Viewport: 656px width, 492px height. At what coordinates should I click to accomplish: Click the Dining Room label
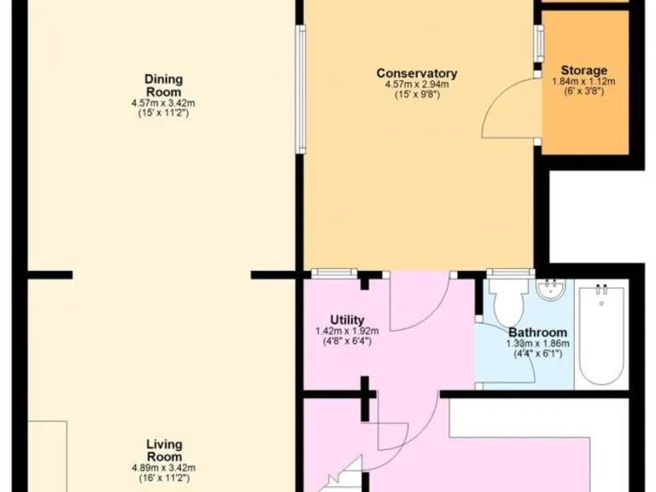pos(163,85)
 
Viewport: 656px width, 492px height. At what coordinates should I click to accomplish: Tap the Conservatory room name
pos(417,73)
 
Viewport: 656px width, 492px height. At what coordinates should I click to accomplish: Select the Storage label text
pos(584,70)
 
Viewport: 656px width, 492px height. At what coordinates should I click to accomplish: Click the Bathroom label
pos(538,332)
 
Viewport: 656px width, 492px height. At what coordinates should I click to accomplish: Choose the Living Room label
pos(163,449)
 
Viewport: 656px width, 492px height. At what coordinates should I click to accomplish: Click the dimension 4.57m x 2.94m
pos(417,85)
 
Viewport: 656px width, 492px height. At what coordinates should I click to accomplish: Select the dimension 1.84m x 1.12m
pos(584,81)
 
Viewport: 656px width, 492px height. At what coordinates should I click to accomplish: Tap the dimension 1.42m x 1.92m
pos(340,331)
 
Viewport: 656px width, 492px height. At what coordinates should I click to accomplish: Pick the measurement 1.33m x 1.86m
pos(538,343)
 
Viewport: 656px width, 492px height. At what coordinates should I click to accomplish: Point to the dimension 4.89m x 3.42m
pos(163,467)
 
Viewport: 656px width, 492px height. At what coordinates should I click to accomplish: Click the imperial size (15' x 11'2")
pos(163,113)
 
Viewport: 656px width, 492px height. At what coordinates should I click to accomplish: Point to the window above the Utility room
pos(334,273)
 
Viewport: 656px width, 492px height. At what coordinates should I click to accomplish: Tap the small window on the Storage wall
pos(539,44)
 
